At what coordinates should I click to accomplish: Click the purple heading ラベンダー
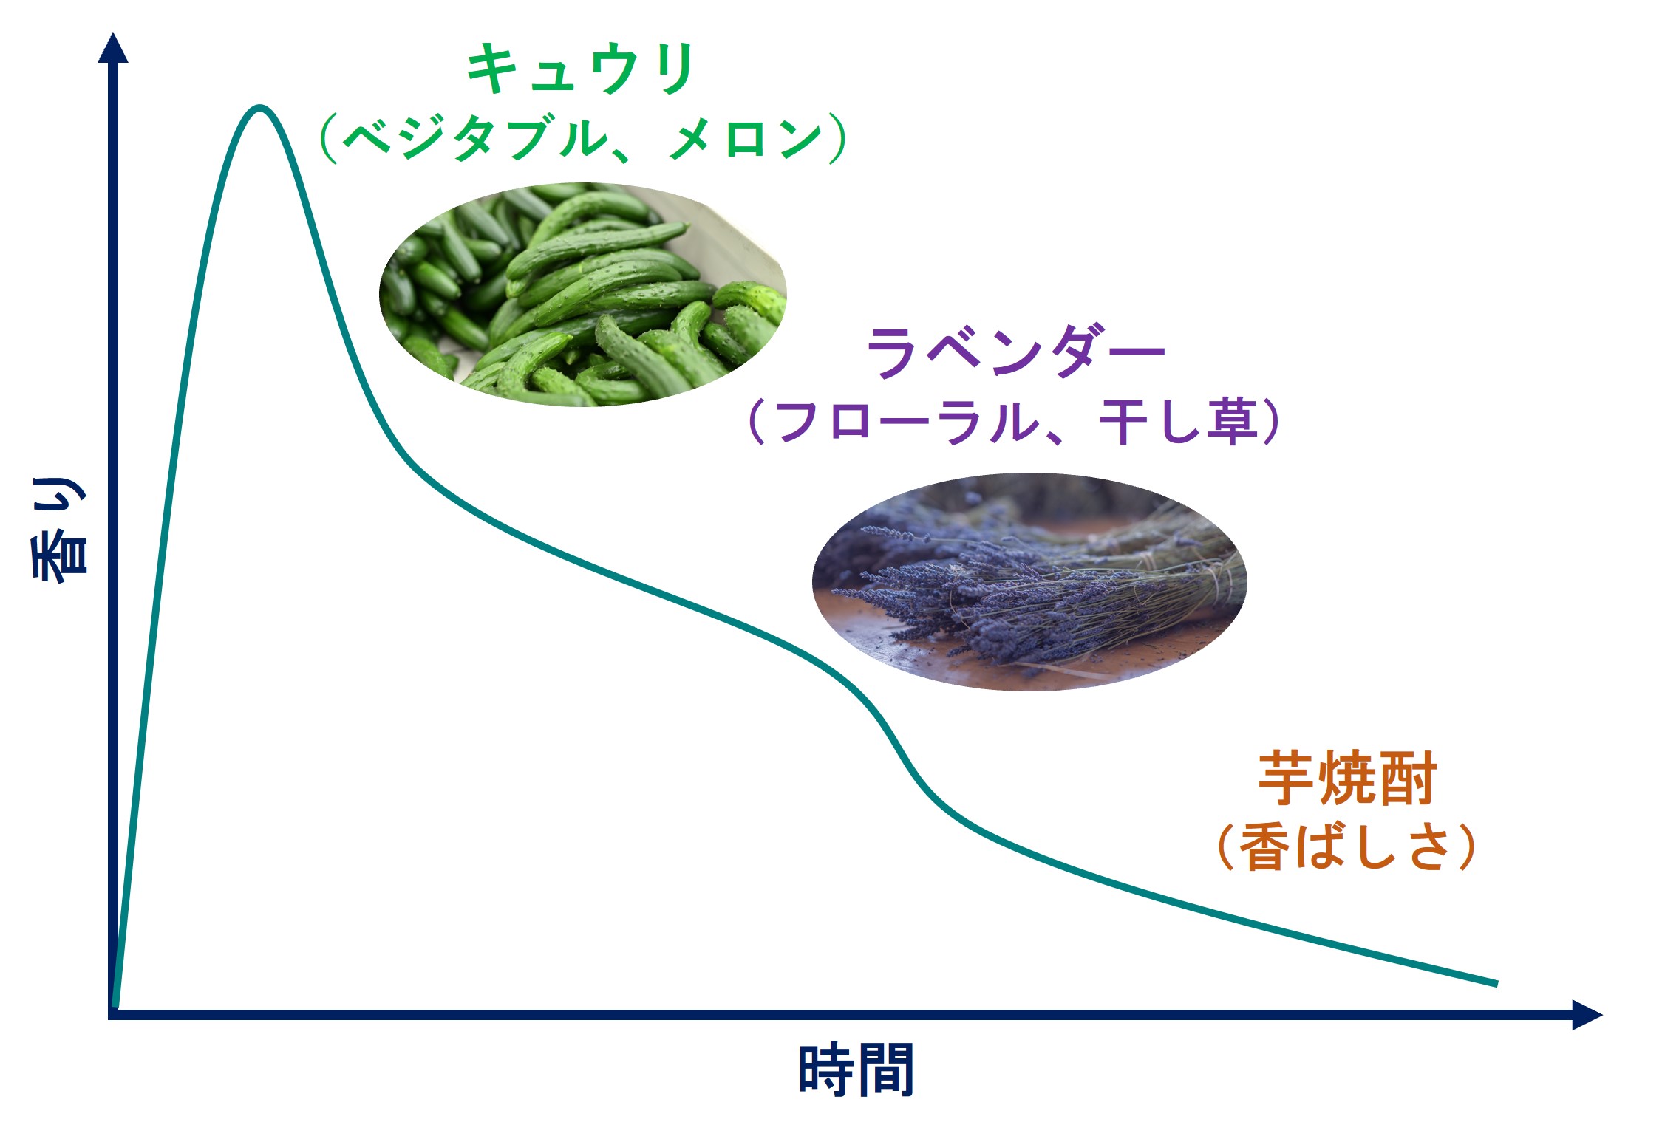(1015, 351)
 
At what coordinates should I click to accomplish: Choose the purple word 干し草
(1179, 422)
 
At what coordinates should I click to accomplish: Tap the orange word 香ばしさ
(1346, 846)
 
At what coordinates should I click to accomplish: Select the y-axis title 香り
(59, 529)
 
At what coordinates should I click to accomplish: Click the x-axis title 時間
(856, 1069)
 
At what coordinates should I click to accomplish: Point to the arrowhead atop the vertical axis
(113, 47)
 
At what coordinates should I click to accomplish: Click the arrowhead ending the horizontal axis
(1587, 1015)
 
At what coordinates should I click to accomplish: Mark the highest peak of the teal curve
(259, 108)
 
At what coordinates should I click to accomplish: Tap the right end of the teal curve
(1496, 984)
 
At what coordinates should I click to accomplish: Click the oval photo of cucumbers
(583, 295)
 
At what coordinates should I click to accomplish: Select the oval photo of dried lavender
(1029, 582)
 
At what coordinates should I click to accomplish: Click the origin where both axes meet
(113, 1015)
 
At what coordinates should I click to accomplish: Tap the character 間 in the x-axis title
(886, 1069)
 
